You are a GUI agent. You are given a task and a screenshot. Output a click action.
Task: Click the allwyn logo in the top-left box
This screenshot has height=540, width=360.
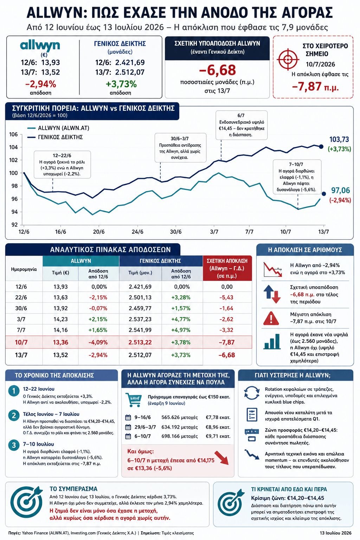click(40, 46)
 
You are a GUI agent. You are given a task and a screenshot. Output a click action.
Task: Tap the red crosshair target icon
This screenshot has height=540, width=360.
click(288, 59)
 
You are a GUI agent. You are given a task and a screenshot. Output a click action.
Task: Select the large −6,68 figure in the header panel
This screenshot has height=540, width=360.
click(217, 70)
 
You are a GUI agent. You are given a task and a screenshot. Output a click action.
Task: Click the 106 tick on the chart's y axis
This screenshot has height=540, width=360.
click(13, 134)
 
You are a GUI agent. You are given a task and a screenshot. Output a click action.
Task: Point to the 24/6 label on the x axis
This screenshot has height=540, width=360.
click(137, 232)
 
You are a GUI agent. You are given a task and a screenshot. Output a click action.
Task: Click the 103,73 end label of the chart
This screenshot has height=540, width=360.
click(339, 139)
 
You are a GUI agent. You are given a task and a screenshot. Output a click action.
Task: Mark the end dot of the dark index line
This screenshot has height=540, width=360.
click(321, 147)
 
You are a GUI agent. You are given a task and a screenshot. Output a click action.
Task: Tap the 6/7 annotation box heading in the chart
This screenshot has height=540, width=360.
click(241, 115)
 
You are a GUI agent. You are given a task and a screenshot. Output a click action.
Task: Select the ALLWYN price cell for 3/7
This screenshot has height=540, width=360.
click(60, 319)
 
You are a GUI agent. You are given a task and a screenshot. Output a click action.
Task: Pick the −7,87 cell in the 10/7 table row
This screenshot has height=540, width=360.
click(227, 342)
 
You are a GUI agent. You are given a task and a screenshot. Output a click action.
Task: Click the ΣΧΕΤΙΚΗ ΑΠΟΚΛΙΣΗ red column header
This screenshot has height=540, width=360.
click(227, 268)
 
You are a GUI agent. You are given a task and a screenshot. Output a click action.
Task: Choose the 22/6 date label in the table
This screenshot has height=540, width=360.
click(21, 297)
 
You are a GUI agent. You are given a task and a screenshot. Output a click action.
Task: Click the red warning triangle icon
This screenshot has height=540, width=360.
click(271, 318)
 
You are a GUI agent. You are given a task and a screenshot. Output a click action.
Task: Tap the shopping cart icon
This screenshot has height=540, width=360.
click(133, 400)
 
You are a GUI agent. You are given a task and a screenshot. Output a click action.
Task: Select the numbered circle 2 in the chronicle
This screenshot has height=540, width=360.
click(14, 415)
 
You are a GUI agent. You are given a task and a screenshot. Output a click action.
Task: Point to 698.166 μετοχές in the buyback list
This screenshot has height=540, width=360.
click(179, 436)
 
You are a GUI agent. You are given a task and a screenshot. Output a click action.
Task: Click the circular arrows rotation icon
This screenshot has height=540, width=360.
click(252, 393)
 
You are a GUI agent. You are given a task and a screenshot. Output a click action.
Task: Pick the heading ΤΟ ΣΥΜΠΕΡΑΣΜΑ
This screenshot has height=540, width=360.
click(73, 489)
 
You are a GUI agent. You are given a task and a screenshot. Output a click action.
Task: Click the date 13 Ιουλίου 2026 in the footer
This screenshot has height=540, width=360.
click(335, 533)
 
